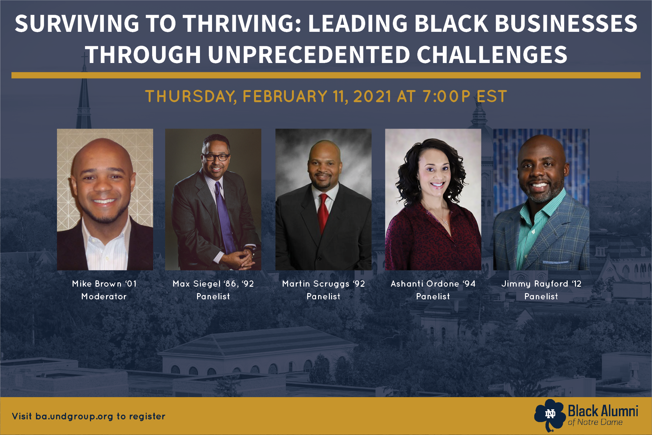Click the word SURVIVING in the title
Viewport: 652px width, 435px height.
point(77,24)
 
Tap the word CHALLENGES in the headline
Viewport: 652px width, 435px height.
point(492,54)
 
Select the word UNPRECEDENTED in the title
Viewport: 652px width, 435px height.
point(309,54)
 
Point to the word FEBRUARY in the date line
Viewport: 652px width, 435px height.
point(285,96)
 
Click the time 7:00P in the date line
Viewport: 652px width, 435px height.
point(447,96)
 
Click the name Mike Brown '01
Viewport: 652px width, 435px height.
point(104,284)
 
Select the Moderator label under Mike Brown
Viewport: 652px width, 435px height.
point(104,296)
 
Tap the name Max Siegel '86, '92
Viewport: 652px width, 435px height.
point(213,284)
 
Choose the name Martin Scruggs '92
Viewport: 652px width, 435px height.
point(323,284)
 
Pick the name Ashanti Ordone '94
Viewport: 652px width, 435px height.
point(433,284)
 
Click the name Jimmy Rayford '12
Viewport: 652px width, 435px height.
point(541,284)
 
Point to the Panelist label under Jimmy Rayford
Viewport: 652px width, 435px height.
point(541,296)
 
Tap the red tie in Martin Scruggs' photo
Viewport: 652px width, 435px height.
point(323,212)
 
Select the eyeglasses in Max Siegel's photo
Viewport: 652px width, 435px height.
point(216,157)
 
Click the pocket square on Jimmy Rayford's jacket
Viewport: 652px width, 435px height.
point(555,262)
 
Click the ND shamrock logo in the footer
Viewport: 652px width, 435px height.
point(550,415)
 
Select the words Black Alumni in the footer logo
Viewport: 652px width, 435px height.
point(603,411)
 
